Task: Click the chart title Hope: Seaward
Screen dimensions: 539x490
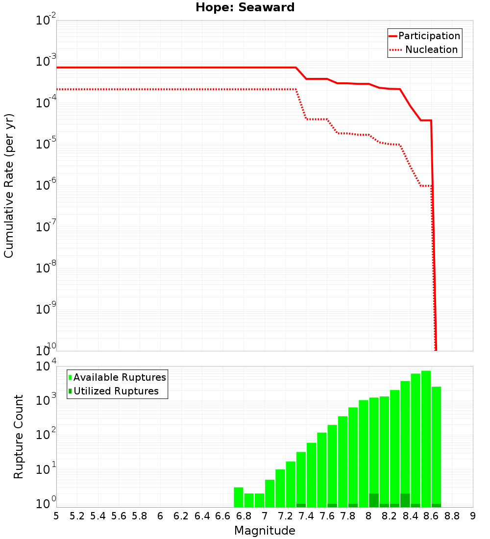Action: pyautogui.click(x=245, y=8)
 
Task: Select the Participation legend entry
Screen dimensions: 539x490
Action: pyautogui.click(x=424, y=36)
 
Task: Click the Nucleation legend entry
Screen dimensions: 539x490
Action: pyautogui.click(x=424, y=49)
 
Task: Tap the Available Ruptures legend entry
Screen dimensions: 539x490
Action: pyautogui.click(x=117, y=377)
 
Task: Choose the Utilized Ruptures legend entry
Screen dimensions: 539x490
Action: pyautogui.click(x=113, y=391)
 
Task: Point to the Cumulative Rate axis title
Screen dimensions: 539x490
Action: pyautogui.click(x=9, y=186)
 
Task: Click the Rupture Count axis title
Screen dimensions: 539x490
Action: pyautogui.click(x=19, y=437)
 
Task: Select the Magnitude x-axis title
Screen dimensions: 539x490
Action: pyautogui.click(x=265, y=531)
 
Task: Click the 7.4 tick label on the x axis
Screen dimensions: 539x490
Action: pyautogui.click(x=306, y=516)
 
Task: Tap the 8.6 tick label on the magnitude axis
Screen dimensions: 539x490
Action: pyautogui.click(x=431, y=516)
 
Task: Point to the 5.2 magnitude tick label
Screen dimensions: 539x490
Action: pyautogui.click(x=77, y=516)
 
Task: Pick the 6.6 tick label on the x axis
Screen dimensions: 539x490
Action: pyautogui.click(x=223, y=516)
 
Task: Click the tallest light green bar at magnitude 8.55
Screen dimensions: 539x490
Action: pyautogui.click(x=426, y=436)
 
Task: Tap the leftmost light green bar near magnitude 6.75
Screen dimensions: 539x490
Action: pyautogui.click(x=239, y=497)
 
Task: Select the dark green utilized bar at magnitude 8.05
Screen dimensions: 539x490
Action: pyautogui.click(x=374, y=500)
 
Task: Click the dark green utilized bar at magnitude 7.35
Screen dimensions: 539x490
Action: pyautogui.click(x=301, y=505)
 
